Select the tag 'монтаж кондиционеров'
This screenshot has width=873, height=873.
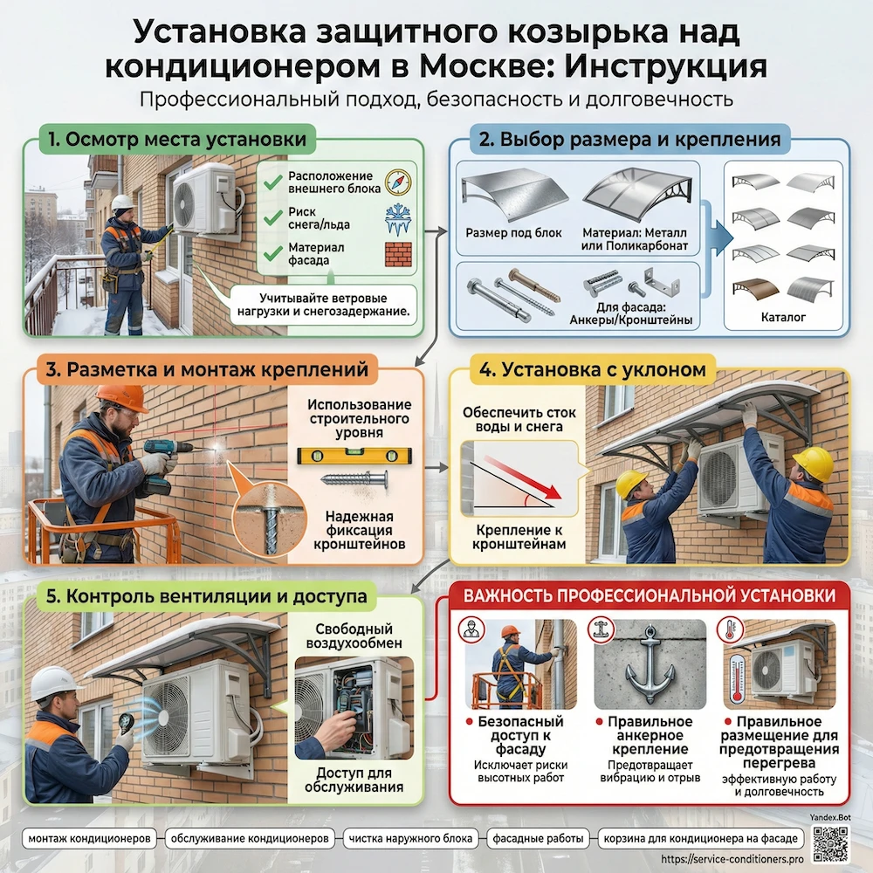(x=92, y=838)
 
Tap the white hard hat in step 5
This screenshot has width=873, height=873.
(x=55, y=683)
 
